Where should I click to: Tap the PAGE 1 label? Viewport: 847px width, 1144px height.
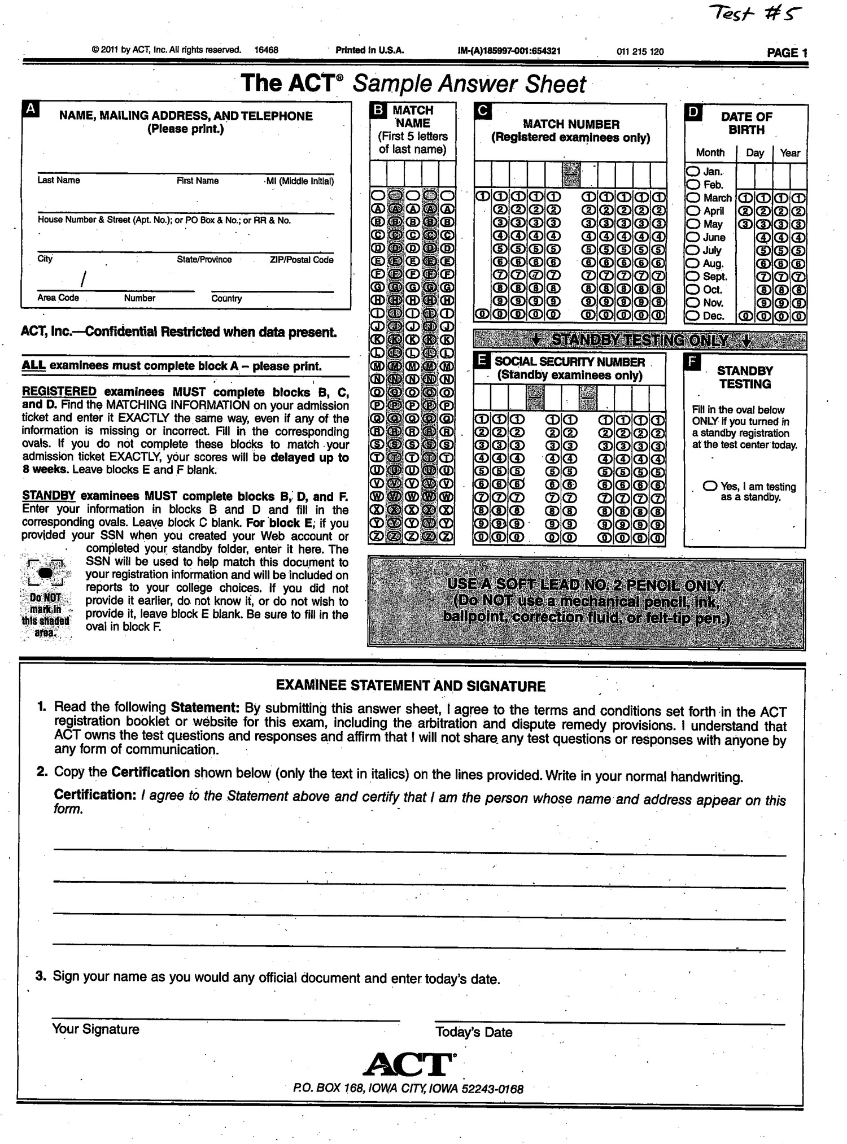(787, 53)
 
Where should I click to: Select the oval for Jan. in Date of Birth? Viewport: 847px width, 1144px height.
(693, 171)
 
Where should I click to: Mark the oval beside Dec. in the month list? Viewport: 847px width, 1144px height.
(693, 316)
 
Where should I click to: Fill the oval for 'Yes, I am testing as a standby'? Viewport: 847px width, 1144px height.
(710, 486)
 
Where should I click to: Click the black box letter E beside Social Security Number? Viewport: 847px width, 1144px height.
(482, 361)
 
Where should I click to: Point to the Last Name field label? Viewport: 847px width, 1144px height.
(58, 180)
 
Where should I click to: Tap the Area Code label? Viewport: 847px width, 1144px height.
(58, 298)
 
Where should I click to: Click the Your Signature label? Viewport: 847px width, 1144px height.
(95, 1029)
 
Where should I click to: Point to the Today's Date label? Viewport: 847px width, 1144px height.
(473, 1032)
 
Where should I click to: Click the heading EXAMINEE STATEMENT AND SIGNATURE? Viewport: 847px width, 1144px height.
(411, 686)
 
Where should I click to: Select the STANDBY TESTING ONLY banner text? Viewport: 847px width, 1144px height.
(639, 340)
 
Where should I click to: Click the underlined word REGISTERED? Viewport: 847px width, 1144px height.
(59, 391)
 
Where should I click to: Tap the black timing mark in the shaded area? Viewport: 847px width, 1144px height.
(46, 573)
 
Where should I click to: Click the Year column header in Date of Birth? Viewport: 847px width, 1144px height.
(789, 153)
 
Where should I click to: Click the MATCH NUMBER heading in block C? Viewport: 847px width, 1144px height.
(570, 124)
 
